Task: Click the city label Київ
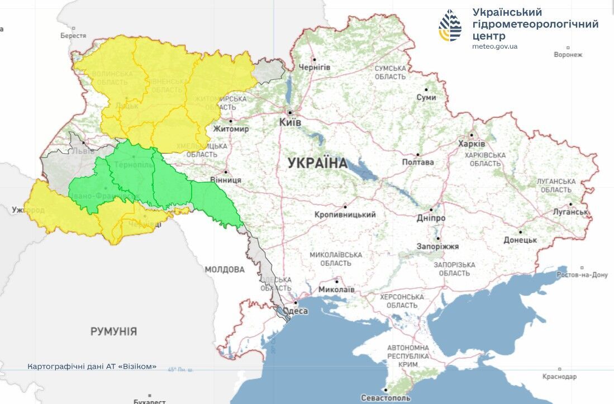(x=290, y=122)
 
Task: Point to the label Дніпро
(x=431, y=218)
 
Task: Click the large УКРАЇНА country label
(x=317, y=163)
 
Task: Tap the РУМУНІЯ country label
(x=113, y=331)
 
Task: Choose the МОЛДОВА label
(x=224, y=269)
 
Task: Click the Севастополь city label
(x=385, y=398)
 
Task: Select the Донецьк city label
(x=520, y=240)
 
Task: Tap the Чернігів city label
(x=314, y=67)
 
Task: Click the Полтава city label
(x=417, y=162)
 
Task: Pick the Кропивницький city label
(x=345, y=215)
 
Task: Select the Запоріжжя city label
(x=437, y=246)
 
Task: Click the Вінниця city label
(x=226, y=180)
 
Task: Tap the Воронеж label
(x=568, y=55)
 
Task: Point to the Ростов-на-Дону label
(x=582, y=275)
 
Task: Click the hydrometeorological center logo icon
(x=450, y=26)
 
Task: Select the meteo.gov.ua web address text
(x=494, y=46)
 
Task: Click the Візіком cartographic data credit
(x=92, y=367)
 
